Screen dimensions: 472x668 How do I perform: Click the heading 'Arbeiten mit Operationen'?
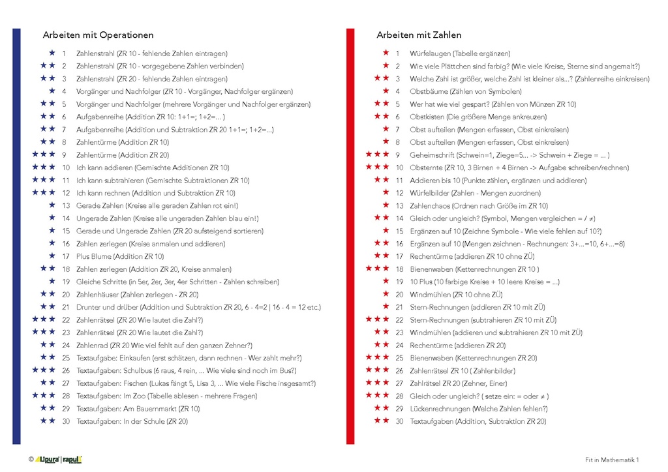99,35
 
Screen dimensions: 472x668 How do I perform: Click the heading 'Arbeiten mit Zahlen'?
419,35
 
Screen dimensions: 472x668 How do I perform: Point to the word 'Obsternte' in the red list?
425,168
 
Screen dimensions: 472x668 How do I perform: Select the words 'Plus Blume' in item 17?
92,257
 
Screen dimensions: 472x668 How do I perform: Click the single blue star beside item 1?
52,53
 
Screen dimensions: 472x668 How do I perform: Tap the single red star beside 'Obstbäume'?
386,91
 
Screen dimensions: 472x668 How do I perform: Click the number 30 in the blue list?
65,422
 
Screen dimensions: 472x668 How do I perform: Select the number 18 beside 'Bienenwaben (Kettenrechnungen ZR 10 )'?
399,269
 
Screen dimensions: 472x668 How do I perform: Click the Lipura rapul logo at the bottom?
58,460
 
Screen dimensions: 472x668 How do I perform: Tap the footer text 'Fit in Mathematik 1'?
612,460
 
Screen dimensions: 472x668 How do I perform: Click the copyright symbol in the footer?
31,460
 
